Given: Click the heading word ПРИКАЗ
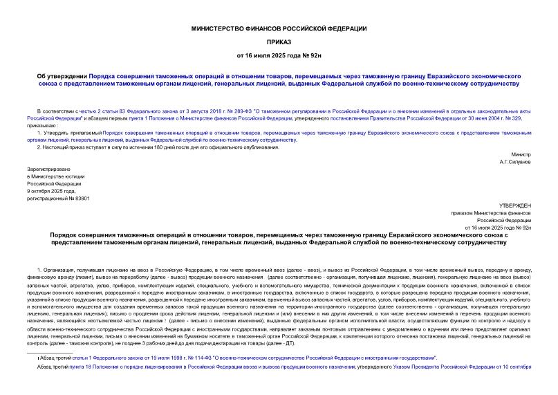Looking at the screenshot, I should coord(279,41).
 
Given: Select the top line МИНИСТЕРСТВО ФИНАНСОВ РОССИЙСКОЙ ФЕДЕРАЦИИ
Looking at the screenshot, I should coord(279,28).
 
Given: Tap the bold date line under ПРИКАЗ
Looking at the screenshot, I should coord(279,54).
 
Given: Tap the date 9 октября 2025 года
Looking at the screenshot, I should coord(54,190).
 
